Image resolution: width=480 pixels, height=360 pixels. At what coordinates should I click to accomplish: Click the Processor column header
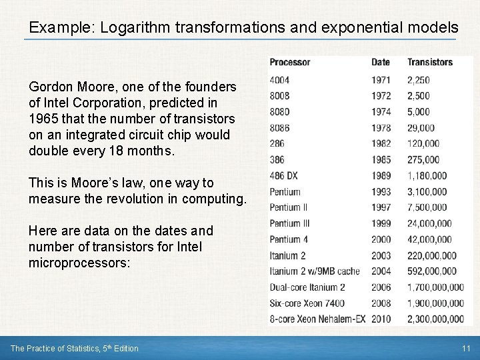[289, 62]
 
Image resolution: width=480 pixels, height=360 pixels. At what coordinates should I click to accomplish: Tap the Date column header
[381, 62]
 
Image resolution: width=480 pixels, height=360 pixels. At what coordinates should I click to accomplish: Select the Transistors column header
[430, 62]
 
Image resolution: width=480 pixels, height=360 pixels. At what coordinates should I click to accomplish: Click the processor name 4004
[279, 80]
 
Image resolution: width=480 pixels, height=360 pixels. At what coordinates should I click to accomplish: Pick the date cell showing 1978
[381, 127]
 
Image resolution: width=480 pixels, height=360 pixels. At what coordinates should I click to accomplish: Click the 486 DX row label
[285, 175]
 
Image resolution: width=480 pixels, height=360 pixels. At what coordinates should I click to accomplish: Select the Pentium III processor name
[290, 223]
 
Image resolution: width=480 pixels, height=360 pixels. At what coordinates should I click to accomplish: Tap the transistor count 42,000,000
[429, 239]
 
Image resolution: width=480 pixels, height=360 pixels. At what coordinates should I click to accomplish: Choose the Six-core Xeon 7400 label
[307, 303]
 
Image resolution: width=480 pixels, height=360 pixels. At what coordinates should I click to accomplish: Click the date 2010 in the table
[381, 319]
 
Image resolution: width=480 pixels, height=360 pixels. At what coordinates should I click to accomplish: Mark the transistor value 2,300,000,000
[435, 319]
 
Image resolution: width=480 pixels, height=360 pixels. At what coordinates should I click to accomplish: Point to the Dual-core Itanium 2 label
[307, 287]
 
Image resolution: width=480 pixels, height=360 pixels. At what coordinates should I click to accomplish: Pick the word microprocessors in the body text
[79, 263]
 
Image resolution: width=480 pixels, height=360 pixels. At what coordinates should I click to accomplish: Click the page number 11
[466, 348]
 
